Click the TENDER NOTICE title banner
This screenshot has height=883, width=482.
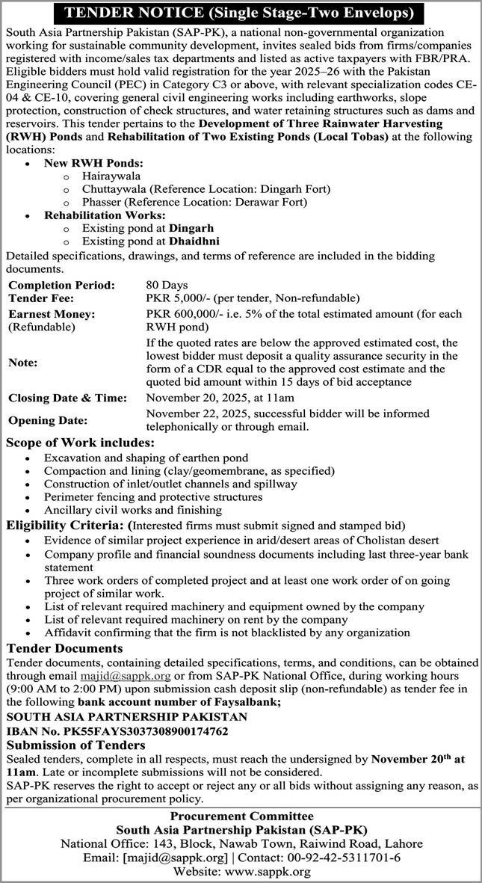[x=241, y=13]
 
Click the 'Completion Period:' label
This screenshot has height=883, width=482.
[x=61, y=285]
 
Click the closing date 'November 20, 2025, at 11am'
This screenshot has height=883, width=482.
[x=220, y=398]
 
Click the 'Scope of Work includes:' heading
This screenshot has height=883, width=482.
[x=80, y=443]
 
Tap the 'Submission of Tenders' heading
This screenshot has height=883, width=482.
[x=75, y=745]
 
